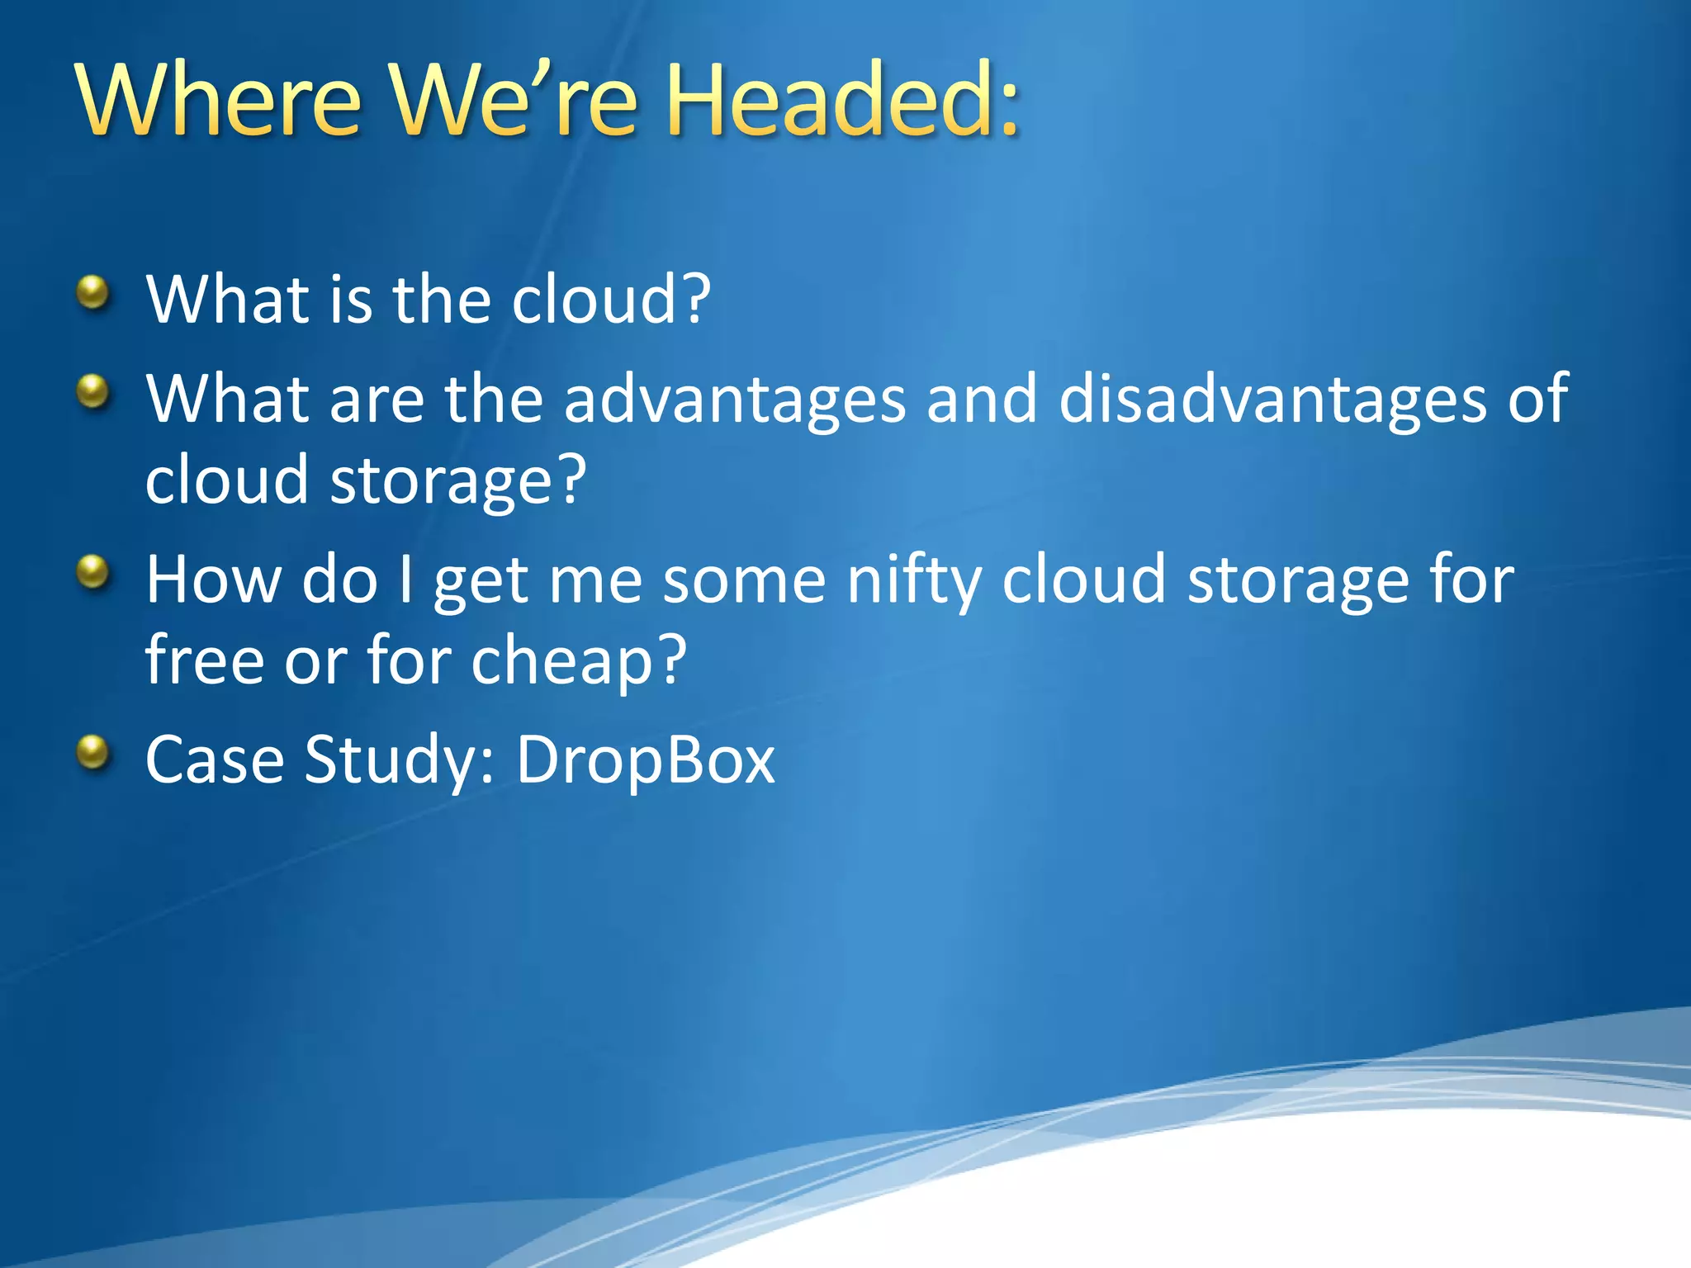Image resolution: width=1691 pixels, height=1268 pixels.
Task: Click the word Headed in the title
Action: coord(831,102)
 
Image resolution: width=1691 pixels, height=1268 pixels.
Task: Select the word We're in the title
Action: coord(514,102)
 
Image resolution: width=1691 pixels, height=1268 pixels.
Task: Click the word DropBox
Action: coord(645,760)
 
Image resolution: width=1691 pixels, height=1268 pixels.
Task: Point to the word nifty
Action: coord(914,580)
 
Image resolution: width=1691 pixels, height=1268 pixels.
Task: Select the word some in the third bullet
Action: coord(744,580)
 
